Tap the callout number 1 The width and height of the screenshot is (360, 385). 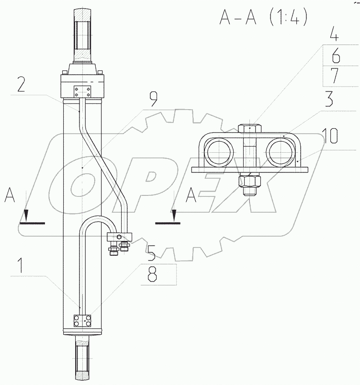pyautogui.click(x=21, y=265)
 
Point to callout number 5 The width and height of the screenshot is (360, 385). pyautogui.click(x=151, y=253)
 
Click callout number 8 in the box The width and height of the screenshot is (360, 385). pyautogui.click(x=152, y=275)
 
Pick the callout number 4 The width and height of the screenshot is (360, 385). pyautogui.click(x=334, y=34)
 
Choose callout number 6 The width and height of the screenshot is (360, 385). pyautogui.click(x=336, y=56)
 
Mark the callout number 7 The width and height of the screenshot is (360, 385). pyautogui.click(x=335, y=76)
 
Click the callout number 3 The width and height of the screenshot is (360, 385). pyautogui.click(x=329, y=99)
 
